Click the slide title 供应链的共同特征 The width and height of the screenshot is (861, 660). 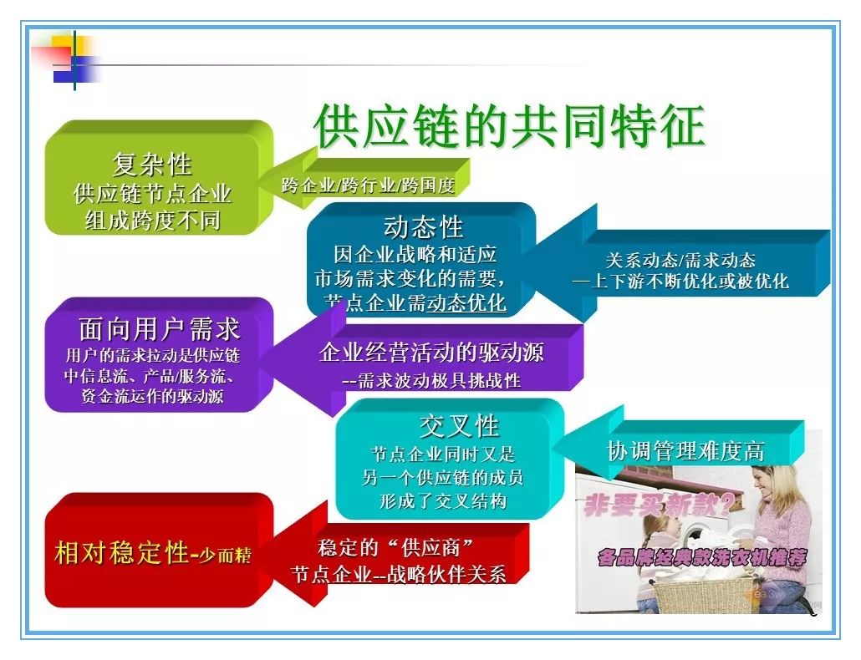click(509, 126)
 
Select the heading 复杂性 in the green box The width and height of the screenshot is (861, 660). click(152, 164)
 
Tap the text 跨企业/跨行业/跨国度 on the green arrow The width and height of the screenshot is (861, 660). click(368, 185)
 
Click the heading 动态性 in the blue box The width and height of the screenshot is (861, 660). click(423, 227)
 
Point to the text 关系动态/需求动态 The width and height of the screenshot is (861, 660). click(680, 260)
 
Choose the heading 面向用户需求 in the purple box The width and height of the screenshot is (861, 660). click(159, 329)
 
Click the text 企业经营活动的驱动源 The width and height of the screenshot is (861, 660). click(431, 352)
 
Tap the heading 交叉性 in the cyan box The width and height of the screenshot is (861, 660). click(459, 426)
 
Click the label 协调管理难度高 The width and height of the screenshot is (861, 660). click(685, 451)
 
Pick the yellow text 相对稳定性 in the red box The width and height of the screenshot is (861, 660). click(122, 552)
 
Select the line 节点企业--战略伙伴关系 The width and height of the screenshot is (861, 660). click(398, 575)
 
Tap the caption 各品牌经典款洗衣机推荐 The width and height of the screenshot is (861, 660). click(702, 557)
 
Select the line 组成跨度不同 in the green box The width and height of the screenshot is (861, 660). click(153, 220)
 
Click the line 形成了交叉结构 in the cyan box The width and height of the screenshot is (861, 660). click(442, 501)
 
